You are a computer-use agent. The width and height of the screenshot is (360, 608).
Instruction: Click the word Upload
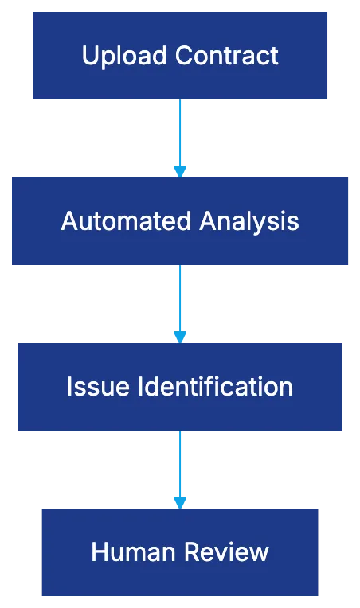(x=125, y=56)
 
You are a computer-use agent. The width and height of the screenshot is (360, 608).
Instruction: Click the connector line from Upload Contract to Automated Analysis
(x=181, y=131)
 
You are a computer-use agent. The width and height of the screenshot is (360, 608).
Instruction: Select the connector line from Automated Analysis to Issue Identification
(x=181, y=297)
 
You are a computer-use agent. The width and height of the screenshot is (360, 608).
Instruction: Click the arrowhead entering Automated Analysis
(x=181, y=170)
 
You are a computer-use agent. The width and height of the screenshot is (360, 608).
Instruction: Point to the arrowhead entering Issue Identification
(x=181, y=335)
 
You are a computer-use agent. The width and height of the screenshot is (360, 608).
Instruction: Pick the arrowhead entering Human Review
(x=181, y=501)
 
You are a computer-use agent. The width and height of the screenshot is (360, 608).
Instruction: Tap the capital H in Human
(x=100, y=551)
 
